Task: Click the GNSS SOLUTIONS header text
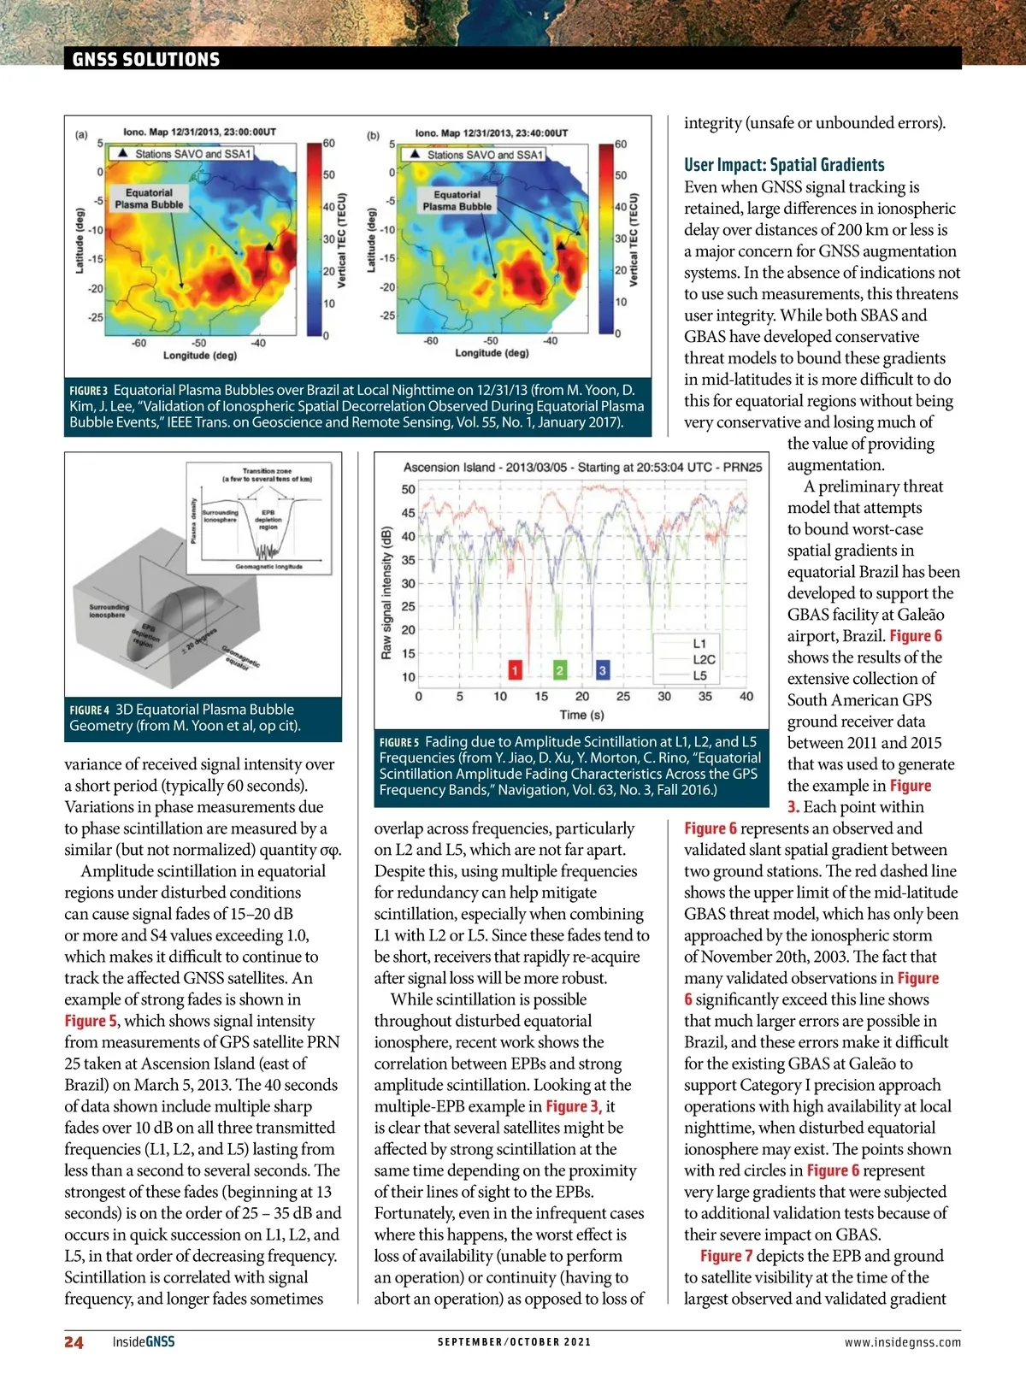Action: tap(146, 59)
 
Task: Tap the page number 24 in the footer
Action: tap(74, 1342)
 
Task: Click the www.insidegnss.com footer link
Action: tap(902, 1342)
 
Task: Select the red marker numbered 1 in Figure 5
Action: tap(516, 670)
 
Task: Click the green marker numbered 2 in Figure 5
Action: tap(559, 670)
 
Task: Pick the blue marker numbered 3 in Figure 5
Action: tap(603, 670)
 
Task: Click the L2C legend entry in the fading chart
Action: tap(704, 659)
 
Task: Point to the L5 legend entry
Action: tap(699, 675)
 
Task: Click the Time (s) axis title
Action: tap(581, 715)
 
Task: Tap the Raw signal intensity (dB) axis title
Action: tap(386, 592)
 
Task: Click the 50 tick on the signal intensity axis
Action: tap(409, 490)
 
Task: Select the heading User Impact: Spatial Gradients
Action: tap(784, 165)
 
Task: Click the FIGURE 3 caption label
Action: tap(89, 391)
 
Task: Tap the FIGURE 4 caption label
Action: tap(90, 710)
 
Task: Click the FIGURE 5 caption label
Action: tap(399, 742)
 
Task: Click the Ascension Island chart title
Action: tap(582, 467)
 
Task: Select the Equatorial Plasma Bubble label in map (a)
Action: tap(149, 198)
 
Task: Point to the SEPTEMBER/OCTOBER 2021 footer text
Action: tap(514, 1342)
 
